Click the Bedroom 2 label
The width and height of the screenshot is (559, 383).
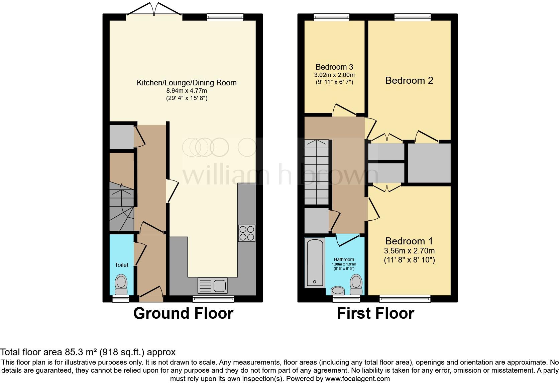pos(409,80)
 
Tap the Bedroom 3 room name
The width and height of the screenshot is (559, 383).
pos(334,67)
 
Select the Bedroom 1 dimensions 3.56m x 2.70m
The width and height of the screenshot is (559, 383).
pos(409,250)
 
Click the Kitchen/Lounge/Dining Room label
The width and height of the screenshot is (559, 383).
pos(187,83)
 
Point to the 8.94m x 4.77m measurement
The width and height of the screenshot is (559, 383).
pos(187,91)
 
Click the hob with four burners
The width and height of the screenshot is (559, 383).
pos(246,233)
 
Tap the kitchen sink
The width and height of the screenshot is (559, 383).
pos(212,286)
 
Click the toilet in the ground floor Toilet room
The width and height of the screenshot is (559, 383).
pos(121,285)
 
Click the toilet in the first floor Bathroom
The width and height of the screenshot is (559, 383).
pos(356,285)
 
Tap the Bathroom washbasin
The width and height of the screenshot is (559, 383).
pos(338,291)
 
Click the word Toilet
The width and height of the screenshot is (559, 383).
pos(122,265)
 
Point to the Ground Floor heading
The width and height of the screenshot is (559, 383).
pos(183,313)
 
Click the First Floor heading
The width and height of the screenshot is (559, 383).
pos(375,313)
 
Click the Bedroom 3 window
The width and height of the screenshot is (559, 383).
pos(331,17)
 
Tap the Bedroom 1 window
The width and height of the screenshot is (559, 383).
pos(405,298)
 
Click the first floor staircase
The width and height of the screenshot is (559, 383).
pos(316,172)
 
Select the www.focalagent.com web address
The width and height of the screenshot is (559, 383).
pos(358,379)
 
